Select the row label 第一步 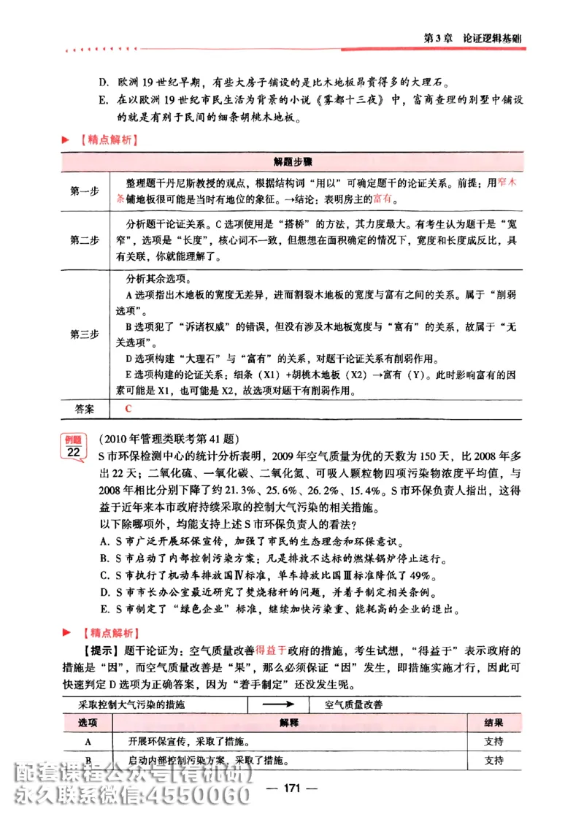click(85, 191)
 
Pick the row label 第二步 click(85, 239)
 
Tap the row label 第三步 click(85, 334)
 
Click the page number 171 click(292, 787)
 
